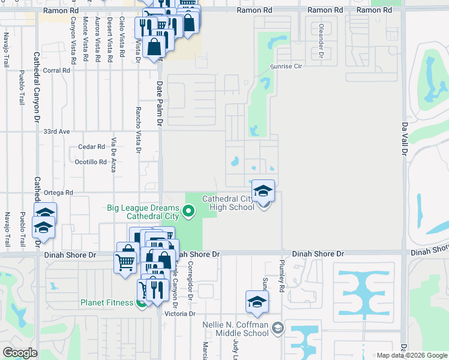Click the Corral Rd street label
(x=57, y=70)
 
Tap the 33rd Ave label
(x=56, y=131)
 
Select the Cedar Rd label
(x=92, y=147)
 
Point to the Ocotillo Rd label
(x=89, y=162)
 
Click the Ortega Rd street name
(x=59, y=193)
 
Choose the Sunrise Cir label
(x=285, y=67)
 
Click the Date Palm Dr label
(x=160, y=104)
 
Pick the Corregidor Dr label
(x=190, y=280)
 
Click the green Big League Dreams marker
(x=189, y=210)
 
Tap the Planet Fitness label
(x=106, y=302)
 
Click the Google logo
(x=20, y=353)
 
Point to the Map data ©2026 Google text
(x=411, y=355)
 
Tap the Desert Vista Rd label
(x=109, y=40)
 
